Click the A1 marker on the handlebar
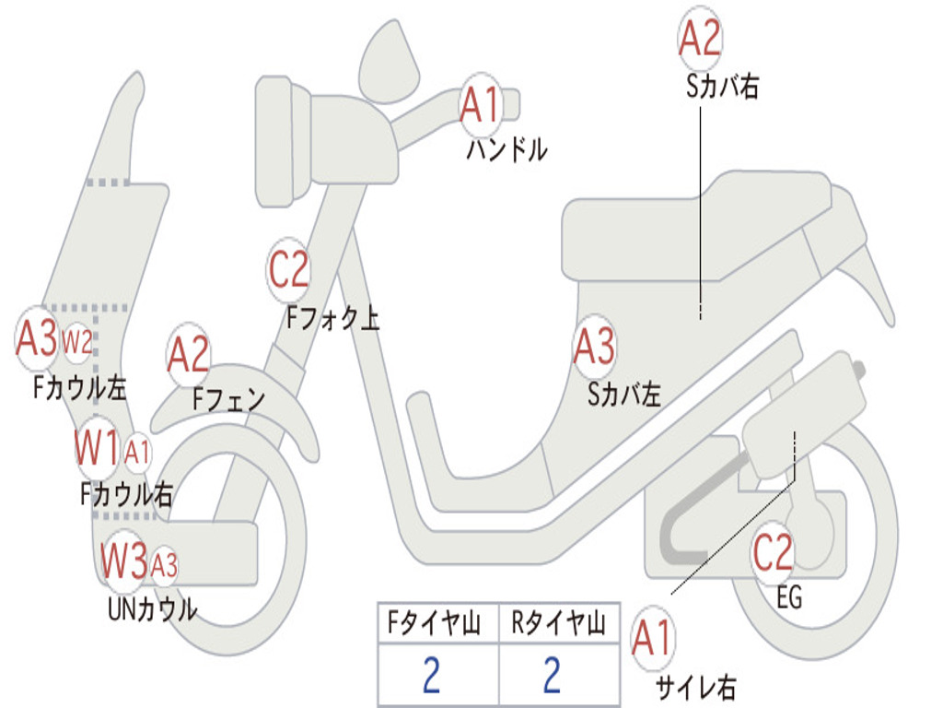(480, 103)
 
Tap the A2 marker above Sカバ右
(699, 38)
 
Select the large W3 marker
(123, 560)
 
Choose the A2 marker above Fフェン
(188, 355)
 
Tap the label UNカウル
(152, 609)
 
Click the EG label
(789, 598)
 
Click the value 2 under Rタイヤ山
(552, 676)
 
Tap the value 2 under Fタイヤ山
(431, 676)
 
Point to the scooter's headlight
(275, 141)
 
